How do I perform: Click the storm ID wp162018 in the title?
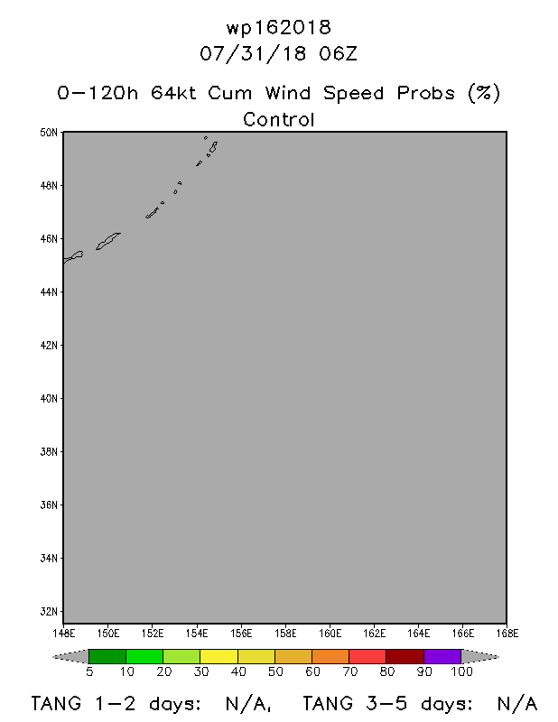(278, 28)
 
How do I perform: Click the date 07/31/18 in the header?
(253, 54)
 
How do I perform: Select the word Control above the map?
(279, 120)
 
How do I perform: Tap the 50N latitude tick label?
(49, 133)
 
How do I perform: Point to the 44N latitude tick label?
(49, 292)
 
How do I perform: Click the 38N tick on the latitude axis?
(49, 452)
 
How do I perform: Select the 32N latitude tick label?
(49, 612)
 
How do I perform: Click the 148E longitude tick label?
(63, 634)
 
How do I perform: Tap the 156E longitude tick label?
(241, 634)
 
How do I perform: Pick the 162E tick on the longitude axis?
(374, 634)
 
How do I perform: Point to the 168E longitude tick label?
(507, 634)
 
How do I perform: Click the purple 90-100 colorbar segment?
(442, 657)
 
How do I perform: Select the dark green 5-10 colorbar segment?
(107, 657)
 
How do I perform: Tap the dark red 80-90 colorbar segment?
(405, 657)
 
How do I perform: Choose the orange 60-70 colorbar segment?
(330, 657)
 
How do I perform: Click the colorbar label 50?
(275, 671)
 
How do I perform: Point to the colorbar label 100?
(461, 671)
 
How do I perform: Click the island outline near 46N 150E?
(107, 241)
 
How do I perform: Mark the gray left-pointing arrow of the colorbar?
(70, 657)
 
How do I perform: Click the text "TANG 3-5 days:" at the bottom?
(387, 704)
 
